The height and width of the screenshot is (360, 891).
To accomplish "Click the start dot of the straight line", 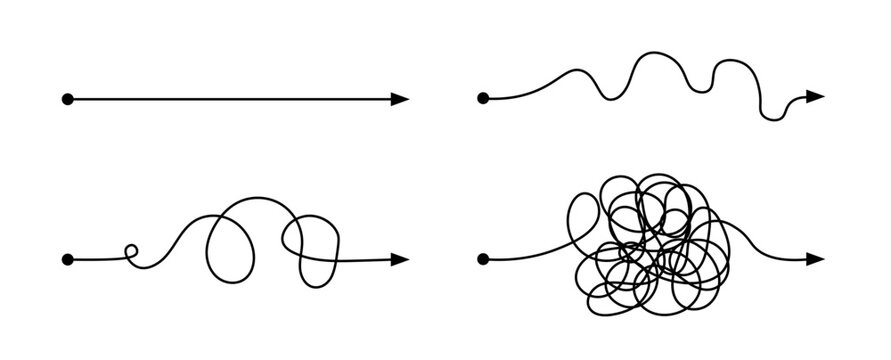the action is [x=68, y=99].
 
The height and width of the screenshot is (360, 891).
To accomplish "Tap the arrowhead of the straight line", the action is [x=400, y=99].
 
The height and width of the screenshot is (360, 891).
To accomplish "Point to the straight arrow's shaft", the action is [x=230, y=99].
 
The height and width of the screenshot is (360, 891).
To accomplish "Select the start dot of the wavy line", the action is [x=484, y=99].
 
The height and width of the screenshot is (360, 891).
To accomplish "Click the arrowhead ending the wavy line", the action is [x=815, y=97].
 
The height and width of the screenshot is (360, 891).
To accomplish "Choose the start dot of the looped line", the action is [x=68, y=260].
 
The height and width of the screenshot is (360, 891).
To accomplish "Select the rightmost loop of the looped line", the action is [x=313, y=246].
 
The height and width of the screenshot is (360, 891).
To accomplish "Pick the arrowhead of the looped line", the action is [x=400, y=259].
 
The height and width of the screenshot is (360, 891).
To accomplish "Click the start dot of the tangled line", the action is [x=484, y=260].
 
